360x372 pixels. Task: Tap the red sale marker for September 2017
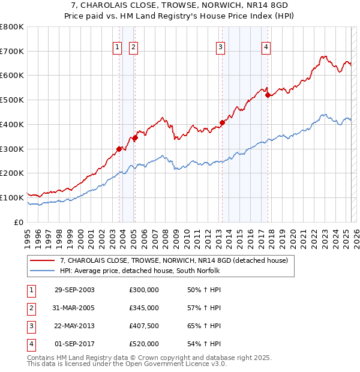[x=268, y=95]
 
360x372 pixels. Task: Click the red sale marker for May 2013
[x=222, y=122]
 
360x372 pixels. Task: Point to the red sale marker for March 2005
[x=135, y=138]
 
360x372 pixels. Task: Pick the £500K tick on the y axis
[x=13, y=100]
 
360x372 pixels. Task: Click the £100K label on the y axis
[x=13, y=197]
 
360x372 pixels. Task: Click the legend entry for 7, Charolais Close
[x=174, y=260]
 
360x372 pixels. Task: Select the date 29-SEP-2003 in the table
[x=74, y=290]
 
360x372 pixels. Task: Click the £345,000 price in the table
[x=144, y=308]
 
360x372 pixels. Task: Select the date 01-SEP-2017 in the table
[x=74, y=344]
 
